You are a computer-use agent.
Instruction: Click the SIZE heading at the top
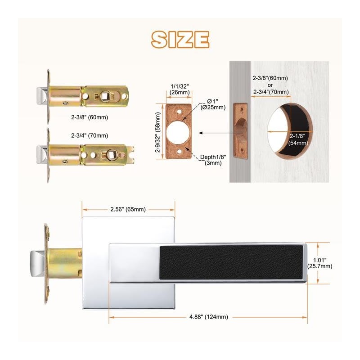pyautogui.click(x=180, y=40)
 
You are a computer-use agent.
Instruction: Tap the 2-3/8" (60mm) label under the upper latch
pyautogui.click(x=90, y=117)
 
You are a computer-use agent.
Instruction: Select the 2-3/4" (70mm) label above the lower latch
pyautogui.click(x=90, y=135)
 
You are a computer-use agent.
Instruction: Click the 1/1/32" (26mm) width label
pyautogui.click(x=180, y=89)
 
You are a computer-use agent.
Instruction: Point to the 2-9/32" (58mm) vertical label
pyautogui.click(x=158, y=132)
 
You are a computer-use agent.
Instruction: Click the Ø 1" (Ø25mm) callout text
pyautogui.click(x=213, y=104)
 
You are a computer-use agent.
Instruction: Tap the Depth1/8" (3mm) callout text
pyautogui.click(x=213, y=160)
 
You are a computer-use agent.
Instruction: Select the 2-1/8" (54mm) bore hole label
pyautogui.click(x=298, y=139)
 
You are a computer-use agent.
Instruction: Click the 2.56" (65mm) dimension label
pyautogui.click(x=128, y=209)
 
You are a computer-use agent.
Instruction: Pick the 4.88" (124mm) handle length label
pyautogui.click(x=209, y=317)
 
